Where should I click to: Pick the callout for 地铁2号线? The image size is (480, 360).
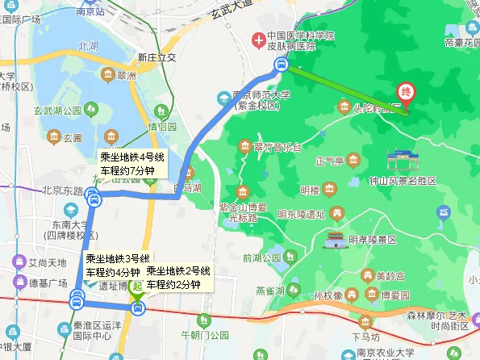coord(177,277)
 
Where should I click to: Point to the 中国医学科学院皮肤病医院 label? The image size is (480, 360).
coord(300,42)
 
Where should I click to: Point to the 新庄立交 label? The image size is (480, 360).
coord(157,58)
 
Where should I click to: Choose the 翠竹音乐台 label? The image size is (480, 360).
coord(277,147)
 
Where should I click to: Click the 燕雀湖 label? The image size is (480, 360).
coord(269,291)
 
